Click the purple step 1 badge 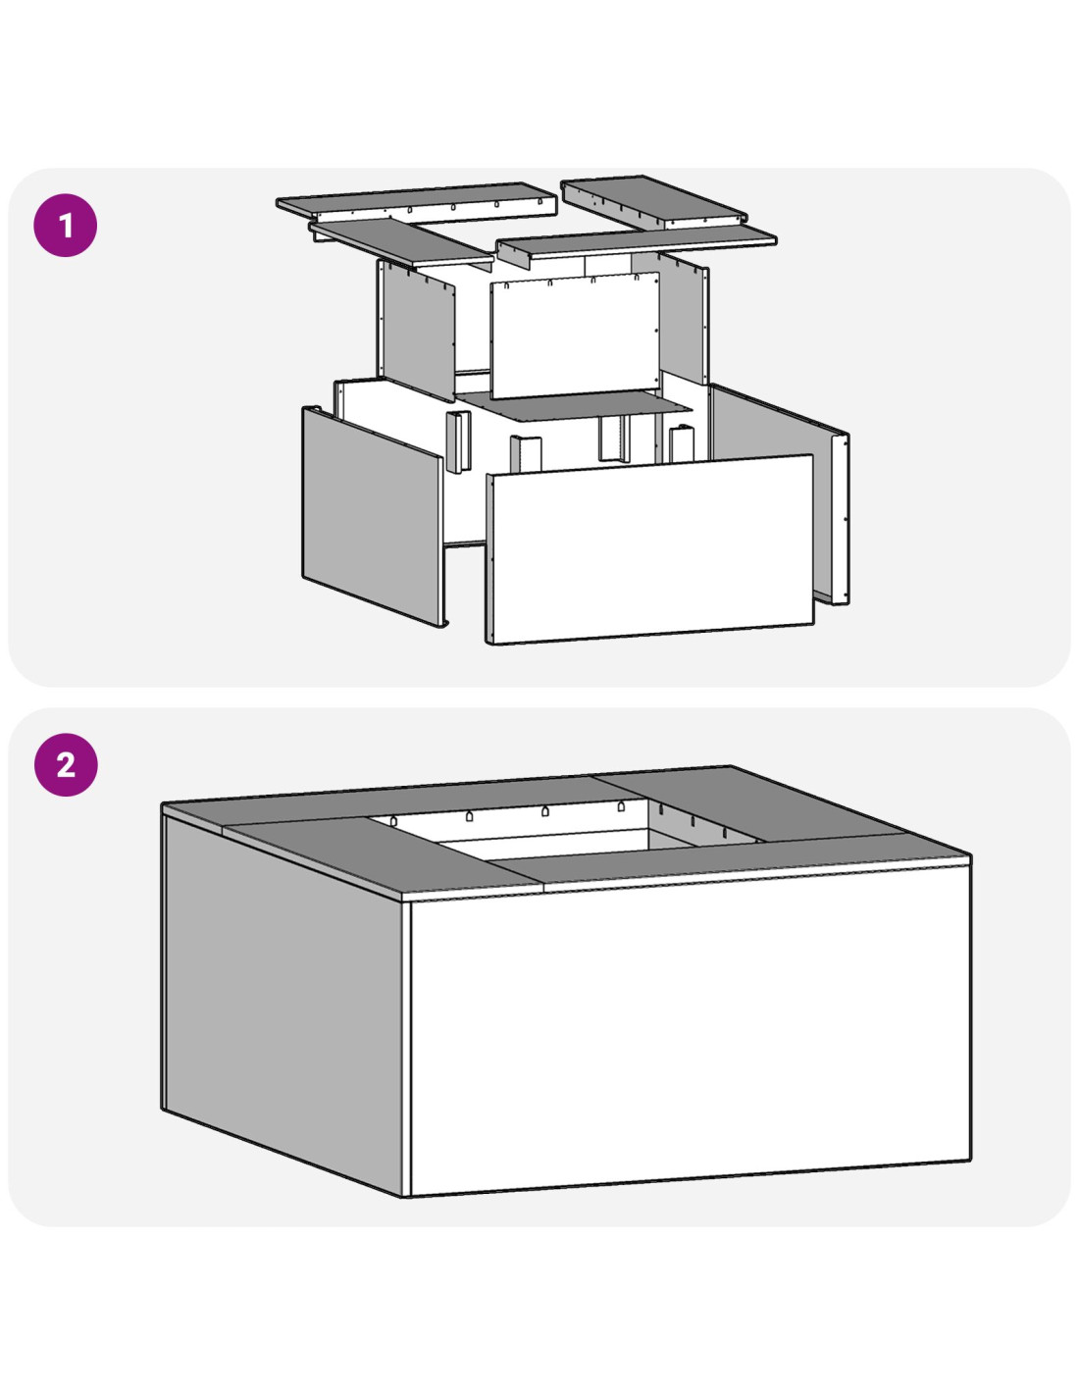(x=66, y=226)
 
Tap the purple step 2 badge (x=66, y=764)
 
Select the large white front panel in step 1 (x=649, y=549)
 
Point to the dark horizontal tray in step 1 (x=577, y=406)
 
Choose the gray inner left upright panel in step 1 (x=417, y=330)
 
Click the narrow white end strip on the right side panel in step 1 (x=841, y=519)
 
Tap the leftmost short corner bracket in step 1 (x=458, y=441)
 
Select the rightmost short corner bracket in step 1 (x=682, y=443)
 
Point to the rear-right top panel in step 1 (x=654, y=200)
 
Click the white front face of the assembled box (x=690, y=1029)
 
